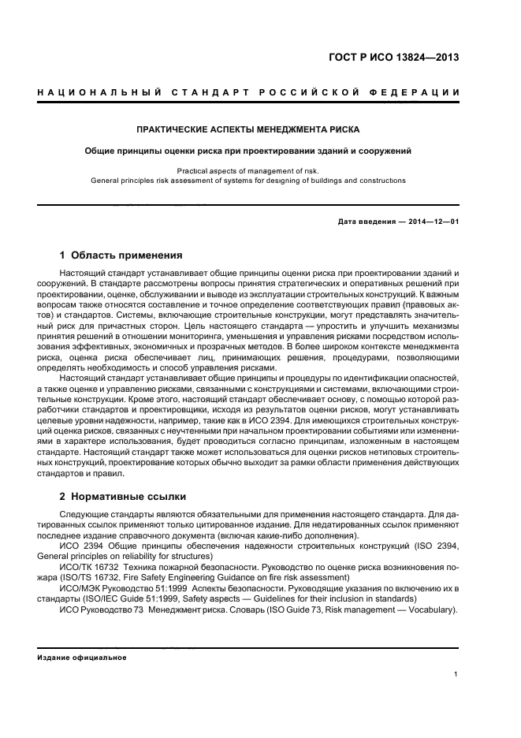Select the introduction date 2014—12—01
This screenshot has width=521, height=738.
point(433,222)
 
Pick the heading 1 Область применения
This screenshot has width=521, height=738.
point(121,255)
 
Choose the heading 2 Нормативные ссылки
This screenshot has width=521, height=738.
point(122,497)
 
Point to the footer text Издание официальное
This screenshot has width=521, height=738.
point(81,658)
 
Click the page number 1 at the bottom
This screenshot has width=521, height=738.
point(456,674)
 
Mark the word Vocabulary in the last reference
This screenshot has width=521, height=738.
point(431,610)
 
